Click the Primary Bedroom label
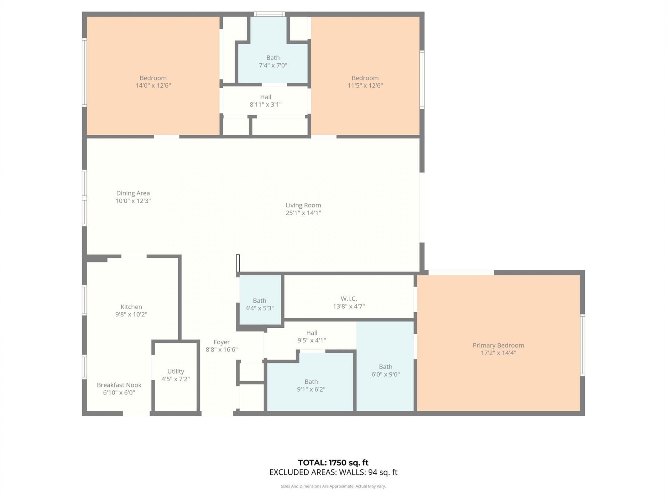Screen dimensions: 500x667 (498, 345)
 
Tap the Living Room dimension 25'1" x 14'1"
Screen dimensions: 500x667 (303, 213)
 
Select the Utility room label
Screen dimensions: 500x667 (175, 372)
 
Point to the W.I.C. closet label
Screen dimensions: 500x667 (348, 299)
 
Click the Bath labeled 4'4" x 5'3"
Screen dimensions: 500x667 (260, 304)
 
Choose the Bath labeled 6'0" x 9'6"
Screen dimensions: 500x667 (386, 370)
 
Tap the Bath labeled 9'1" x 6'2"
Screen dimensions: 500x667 (311, 385)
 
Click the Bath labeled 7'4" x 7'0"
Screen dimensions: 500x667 (273, 61)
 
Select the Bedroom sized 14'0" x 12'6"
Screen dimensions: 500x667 (153, 82)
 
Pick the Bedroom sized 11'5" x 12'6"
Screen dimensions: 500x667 (365, 82)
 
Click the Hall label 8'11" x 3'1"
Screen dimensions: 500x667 (265, 101)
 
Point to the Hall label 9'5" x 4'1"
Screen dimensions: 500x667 (312, 336)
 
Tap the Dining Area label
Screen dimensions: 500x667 (133, 193)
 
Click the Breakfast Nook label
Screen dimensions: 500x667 (119, 385)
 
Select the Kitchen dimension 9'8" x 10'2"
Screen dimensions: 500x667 (131, 314)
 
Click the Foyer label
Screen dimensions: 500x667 (221, 342)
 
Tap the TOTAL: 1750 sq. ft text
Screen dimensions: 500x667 (333, 462)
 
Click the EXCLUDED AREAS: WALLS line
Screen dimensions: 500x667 (333, 472)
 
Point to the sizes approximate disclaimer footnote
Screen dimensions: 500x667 (333, 486)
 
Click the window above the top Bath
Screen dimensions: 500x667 (269, 14)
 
